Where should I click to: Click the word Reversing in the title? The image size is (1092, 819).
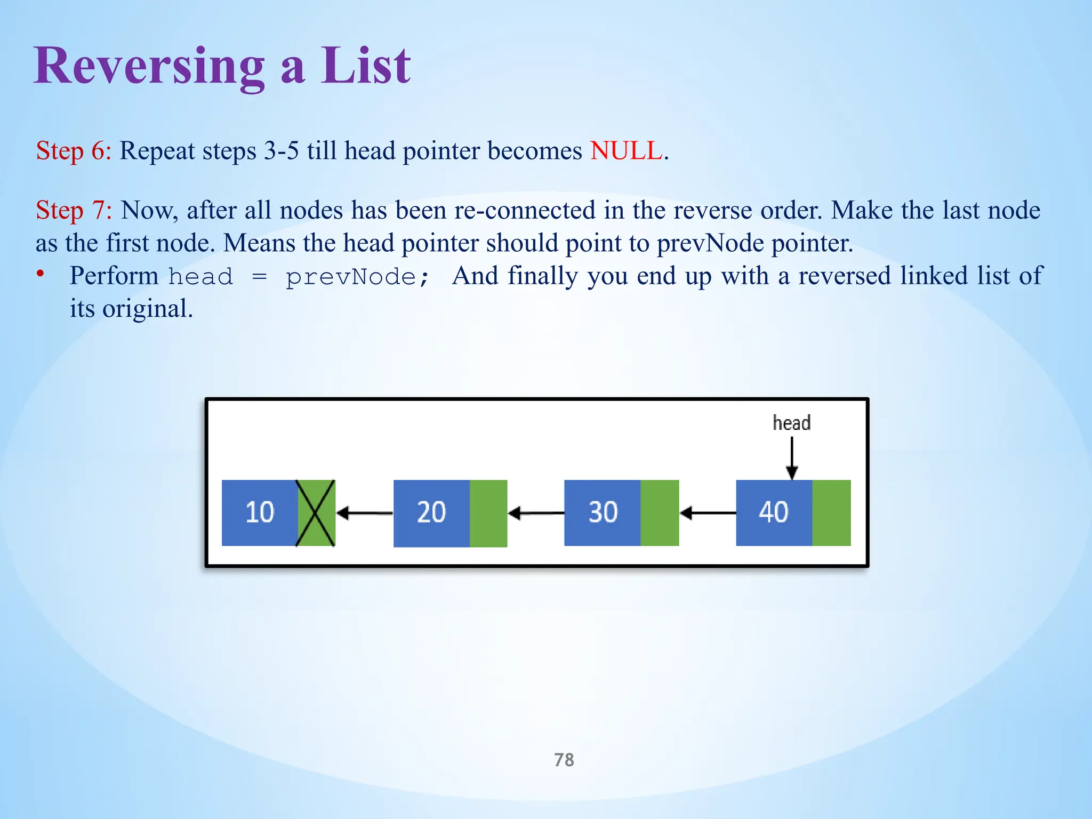click(149, 67)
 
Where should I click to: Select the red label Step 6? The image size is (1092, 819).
click(74, 151)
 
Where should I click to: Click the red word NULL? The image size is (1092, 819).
click(626, 151)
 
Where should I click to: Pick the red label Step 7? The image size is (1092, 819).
click(74, 210)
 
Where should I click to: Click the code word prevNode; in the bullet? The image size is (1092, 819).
click(357, 277)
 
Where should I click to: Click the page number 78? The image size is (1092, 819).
click(564, 759)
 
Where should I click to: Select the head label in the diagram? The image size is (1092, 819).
click(791, 423)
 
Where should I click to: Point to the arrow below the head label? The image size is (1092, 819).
click(792, 457)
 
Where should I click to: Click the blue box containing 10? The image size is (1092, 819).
click(259, 512)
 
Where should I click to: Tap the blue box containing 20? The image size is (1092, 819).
click(431, 512)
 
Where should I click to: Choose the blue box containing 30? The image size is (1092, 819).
click(602, 512)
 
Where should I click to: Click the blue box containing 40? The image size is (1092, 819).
click(774, 512)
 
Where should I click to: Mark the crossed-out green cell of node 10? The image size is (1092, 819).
click(316, 512)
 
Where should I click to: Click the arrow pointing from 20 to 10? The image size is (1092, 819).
click(365, 513)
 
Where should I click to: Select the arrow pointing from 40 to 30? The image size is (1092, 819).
click(708, 513)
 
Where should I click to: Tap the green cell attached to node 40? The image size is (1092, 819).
click(831, 512)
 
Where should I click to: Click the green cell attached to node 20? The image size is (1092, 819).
click(488, 512)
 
